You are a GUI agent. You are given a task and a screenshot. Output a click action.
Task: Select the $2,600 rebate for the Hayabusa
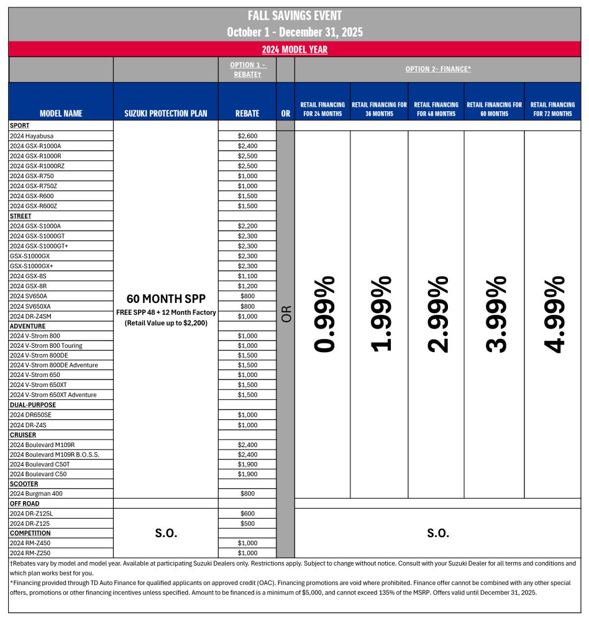(x=247, y=136)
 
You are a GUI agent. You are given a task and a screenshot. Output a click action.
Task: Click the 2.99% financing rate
(x=438, y=314)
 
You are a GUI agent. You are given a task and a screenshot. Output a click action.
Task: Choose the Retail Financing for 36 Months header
(x=379, y=109)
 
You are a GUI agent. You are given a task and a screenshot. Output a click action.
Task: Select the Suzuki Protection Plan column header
(x=166, y=114)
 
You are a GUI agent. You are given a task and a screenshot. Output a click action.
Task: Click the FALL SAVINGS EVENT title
(x=294, y=16)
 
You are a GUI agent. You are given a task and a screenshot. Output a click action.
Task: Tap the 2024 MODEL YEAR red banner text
(x=294, y=50)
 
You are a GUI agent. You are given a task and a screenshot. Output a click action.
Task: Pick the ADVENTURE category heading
(x=27, y=326)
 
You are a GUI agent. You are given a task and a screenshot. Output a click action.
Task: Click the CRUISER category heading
(x=23, y=435)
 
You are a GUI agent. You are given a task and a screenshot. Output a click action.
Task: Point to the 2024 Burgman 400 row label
(x=36, y=494)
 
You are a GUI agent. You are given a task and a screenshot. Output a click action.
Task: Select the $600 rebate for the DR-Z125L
(x=247, y=514)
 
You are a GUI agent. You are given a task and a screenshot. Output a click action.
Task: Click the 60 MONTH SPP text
(x=165, y=298)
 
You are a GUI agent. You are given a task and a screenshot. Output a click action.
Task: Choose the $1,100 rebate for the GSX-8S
(x=247, y=276)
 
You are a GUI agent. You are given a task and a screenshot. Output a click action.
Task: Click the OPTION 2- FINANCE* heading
(x=438, y=69)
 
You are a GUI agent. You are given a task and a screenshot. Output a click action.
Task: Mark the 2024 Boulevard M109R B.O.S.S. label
(x=55, y=455)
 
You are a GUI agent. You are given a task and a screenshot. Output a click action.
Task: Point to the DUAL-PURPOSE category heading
(x=32, y=405)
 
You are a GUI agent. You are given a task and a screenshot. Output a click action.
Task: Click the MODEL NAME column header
(x=61, y=114)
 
